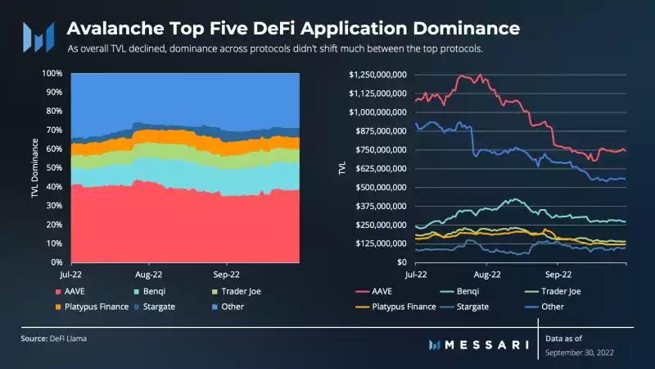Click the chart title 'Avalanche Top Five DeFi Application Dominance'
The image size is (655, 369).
[x=292, y=28]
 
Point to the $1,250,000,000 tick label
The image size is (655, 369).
[x=378, y=75]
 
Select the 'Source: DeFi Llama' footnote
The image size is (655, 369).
[x=54, y=338]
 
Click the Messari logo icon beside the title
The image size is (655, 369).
[x=38, y=35]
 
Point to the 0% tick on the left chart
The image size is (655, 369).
[x=54, y=262]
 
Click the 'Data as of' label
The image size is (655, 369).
[x=565, y=338]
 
